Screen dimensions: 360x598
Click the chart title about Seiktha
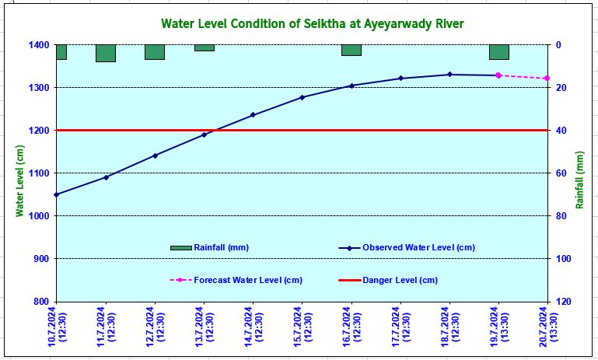[312, 24]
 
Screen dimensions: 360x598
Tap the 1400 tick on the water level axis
[37, 45]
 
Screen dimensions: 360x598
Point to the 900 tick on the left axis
[40, 259]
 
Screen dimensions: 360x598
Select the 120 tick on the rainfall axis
[565, 302]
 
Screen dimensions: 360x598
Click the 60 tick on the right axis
[561, 173]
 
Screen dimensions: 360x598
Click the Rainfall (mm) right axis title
[579, 180]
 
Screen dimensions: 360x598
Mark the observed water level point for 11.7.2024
[106, 177]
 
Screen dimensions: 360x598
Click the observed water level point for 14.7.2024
[253, 115]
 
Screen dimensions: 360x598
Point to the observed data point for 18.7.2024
[449, 75]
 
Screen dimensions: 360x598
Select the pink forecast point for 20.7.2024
[547, 79]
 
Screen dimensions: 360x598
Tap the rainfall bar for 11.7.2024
[106, 53]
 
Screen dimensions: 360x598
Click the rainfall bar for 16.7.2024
[351, 50]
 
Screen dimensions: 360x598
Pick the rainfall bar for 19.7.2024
[498, 52]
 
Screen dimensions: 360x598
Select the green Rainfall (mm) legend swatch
[181, 247]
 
